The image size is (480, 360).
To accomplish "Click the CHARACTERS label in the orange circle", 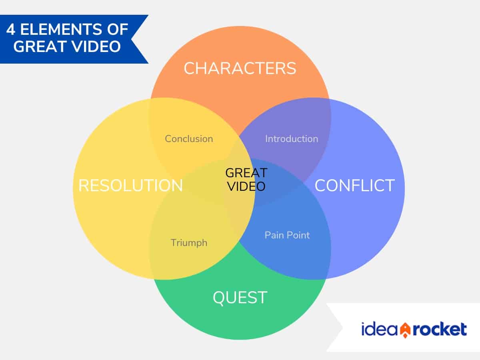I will [x=240, y=68].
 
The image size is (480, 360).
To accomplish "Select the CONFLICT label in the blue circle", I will [x=354, y=186].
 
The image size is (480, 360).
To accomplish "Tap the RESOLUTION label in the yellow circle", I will [x=130, y=186].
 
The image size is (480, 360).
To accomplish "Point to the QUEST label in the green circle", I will [x=240, y=298].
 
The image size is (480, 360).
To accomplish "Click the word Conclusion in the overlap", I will [x=189, y=139].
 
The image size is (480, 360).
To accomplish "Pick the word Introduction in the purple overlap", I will [x=292, y=139].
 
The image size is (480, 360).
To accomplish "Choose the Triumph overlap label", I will [x=189, y=242].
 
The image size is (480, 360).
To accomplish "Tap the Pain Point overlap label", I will [x=287, y=235].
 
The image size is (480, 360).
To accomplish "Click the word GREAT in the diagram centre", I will [x=246, y=173].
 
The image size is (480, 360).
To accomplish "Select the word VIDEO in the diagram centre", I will [x=246, y=186].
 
